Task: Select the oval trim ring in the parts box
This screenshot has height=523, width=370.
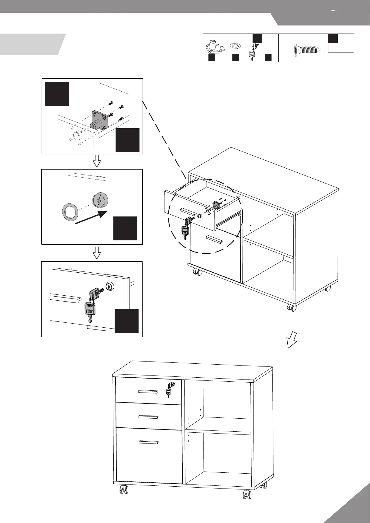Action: (x=235, y=46)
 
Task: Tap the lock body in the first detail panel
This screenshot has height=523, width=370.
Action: (x=99, y=121)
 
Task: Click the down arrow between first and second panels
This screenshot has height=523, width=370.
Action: (x=97, y=161)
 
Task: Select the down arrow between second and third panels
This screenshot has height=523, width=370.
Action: (x=97, y=253)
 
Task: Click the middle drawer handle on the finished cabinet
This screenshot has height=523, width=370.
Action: (x=148, y=417)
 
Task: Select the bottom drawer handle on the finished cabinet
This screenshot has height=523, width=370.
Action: (x=148, y=442)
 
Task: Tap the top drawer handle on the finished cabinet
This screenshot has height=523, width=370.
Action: (x=148, y=391)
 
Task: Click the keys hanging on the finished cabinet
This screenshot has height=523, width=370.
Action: (x=169, y=389)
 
